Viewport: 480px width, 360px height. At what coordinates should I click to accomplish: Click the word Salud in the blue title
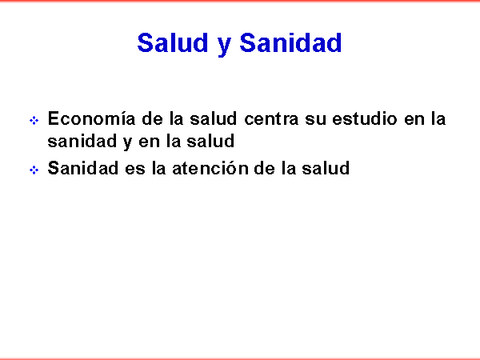[172, 42]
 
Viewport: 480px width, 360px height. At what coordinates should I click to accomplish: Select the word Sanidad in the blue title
[290, 42]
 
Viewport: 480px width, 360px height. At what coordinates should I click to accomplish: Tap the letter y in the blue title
[224, 46]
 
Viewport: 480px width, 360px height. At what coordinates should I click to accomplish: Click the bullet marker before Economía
[34, 120]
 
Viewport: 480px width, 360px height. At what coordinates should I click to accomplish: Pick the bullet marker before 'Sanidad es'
[34, 170]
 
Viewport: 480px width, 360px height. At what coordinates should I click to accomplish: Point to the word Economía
[91, 118]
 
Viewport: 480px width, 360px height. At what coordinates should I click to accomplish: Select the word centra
[271, 118]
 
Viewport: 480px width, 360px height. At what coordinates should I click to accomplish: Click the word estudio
[365, 118]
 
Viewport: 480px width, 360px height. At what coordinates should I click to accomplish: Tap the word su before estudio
[315, 120]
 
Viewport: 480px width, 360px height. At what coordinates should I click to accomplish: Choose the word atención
[210, 168]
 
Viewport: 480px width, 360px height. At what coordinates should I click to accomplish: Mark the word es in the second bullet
[134, 170]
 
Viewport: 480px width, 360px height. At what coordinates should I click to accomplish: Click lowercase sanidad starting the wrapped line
[82, 141]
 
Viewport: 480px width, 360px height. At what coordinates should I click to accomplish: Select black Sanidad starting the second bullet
[82, 168]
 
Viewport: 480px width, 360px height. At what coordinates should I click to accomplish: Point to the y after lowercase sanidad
[127, 143]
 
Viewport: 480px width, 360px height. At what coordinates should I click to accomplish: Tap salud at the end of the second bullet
[326, 168]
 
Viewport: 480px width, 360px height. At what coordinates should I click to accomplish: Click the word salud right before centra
[214, 118]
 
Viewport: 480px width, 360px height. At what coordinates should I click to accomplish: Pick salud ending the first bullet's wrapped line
[210, 141]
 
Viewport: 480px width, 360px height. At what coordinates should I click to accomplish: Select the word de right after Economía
[152, 118]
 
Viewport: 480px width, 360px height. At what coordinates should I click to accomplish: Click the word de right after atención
[265, 168]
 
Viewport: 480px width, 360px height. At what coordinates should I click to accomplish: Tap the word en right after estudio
[414, 120]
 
